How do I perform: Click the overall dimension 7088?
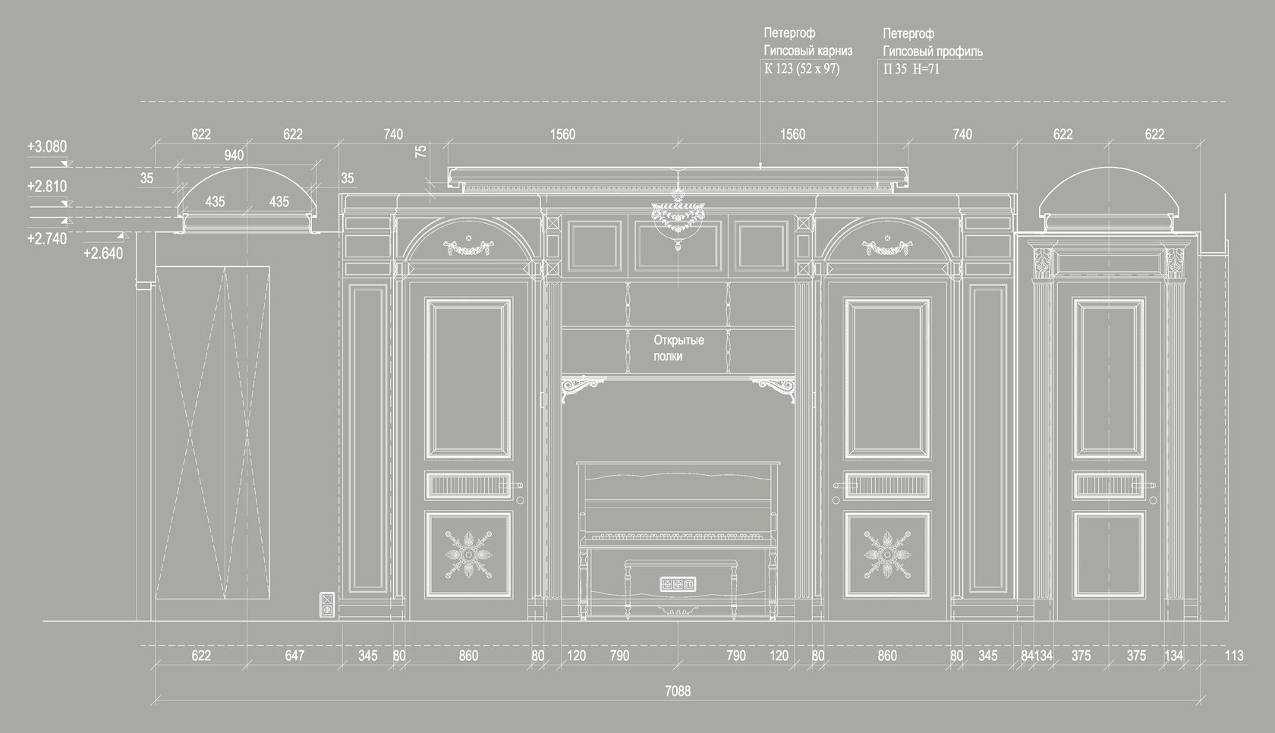678,691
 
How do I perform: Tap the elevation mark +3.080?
47,146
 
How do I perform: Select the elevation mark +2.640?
102,253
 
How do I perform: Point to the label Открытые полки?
678,348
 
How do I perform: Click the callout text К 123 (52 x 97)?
801,69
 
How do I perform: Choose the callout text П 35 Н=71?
911,69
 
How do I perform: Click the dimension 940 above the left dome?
234,156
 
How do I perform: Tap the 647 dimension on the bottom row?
294,656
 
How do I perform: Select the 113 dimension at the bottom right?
1233,656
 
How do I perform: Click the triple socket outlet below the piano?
678,584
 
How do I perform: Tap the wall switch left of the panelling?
327,605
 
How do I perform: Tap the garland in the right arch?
886,247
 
